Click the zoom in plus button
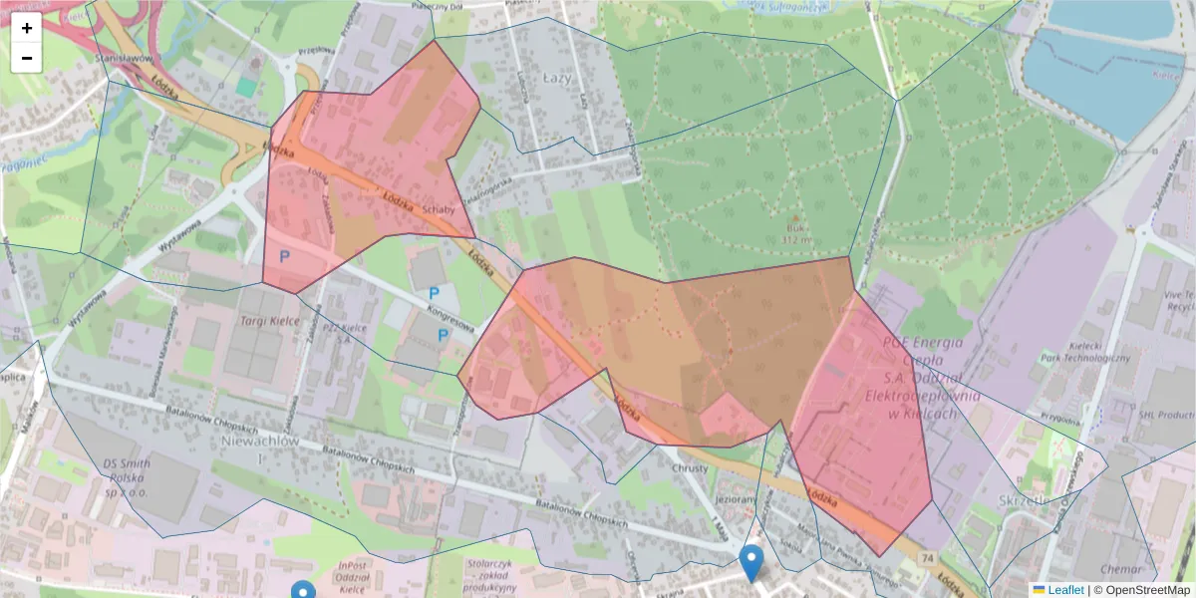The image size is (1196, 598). pos(27,28)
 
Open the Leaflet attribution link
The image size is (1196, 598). pos(1064,590)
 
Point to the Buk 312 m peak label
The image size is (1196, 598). pos(794,232)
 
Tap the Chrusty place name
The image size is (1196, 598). pos(689,468)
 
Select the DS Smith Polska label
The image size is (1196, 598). pos(127,471)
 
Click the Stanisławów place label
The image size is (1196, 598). pos(123,59)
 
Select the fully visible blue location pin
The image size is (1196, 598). pos(752,562)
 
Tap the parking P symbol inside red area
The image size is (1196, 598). pos(284,256)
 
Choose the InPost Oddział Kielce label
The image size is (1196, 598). pos(361,576)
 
